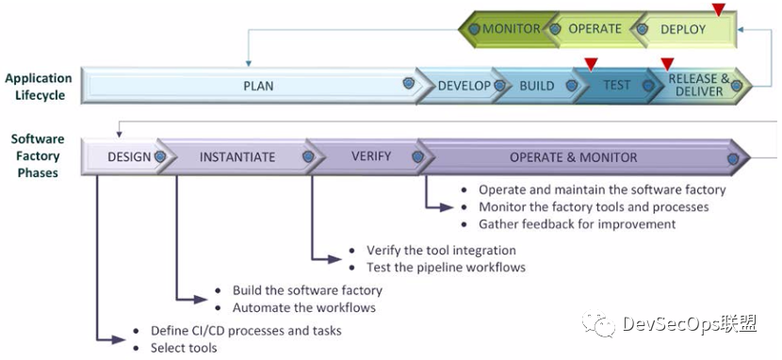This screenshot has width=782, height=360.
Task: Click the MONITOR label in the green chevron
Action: (x=512, y=29)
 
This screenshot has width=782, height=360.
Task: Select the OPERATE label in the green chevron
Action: (x=595, y=29)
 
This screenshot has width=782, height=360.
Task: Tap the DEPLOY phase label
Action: (x=683, y=29)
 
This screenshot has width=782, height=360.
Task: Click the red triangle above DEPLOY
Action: (x=718, y=9)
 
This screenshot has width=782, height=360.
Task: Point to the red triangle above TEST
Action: (x=591, y=64)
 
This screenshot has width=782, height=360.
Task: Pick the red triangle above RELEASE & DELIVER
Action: (x=667, y=64)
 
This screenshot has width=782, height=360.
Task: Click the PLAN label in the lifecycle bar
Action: (x=258, y=86)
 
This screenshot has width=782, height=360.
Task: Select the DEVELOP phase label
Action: (x=464, y=86)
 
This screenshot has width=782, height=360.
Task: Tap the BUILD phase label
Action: (x=537, y=86)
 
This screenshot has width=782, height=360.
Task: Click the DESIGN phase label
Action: (x=129, y=157)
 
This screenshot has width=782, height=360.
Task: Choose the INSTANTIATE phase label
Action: (x=237, y=157)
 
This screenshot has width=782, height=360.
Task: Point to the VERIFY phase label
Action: (x=371, y=156)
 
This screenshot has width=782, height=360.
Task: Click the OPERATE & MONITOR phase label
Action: (x=574, y=157)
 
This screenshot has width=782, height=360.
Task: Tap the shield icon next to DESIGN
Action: (x=160, y=156)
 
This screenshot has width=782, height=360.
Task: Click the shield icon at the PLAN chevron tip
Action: (x=409, y=83)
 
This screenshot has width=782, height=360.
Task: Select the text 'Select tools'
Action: (x=184, y=348)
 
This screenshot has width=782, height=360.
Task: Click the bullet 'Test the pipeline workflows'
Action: (x=446, y=267)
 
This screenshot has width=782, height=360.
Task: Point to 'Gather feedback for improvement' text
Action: (x=577, y=224)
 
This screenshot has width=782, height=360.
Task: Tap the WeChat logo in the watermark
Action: (x=599, y=323)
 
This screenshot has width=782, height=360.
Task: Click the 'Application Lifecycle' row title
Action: (x=39, y=87)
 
